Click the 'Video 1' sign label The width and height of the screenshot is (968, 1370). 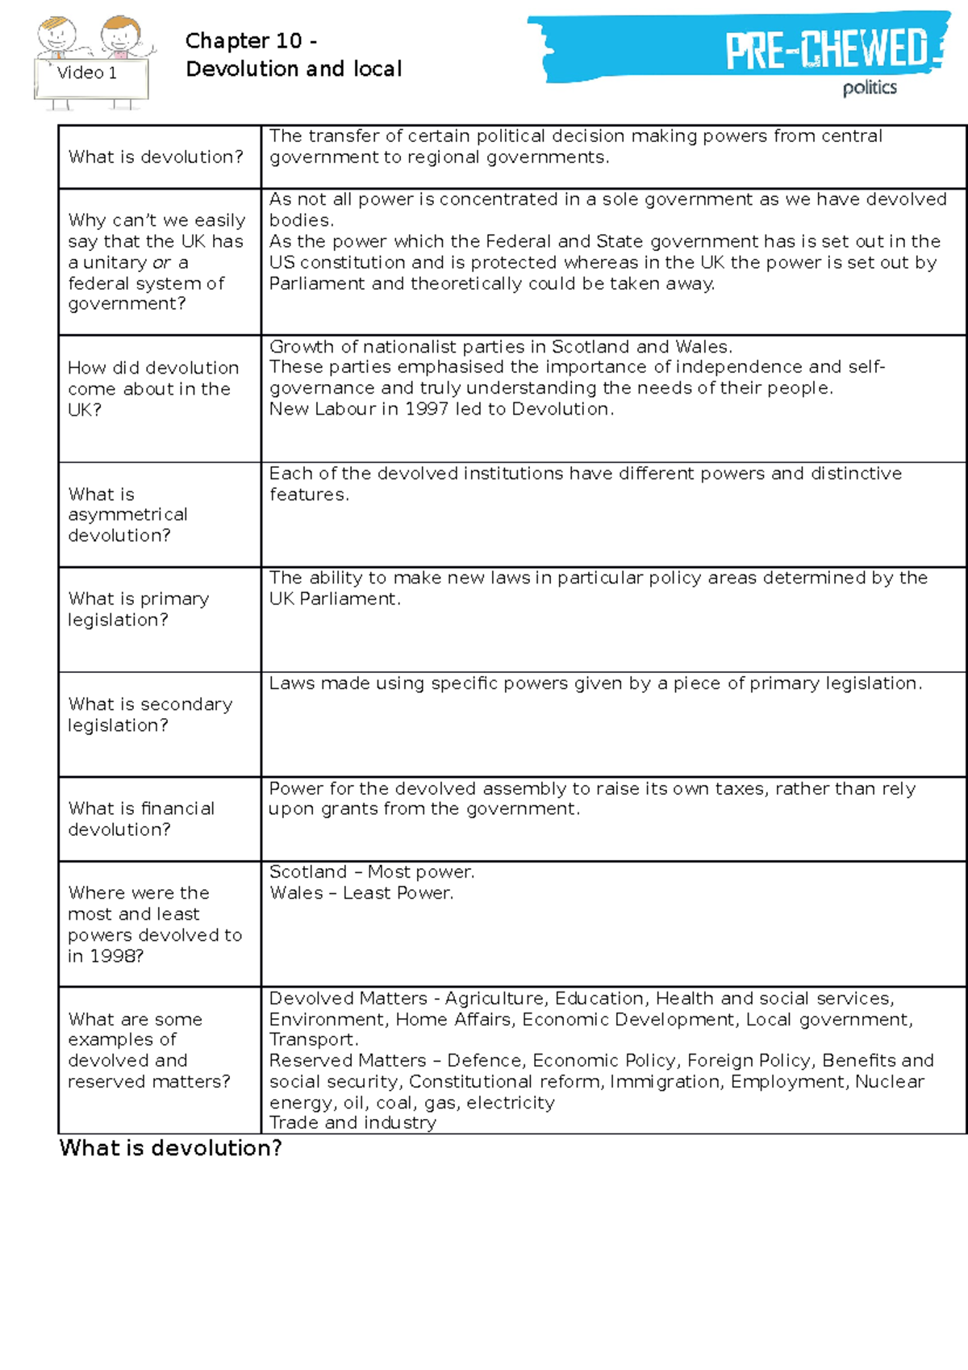[87, 73]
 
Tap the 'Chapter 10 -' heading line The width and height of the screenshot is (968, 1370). [251, 40]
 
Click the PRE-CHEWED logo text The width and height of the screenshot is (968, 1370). [826, 49]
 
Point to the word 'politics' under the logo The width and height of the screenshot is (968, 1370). [870, 88]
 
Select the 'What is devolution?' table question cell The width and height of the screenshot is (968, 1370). [156, 157]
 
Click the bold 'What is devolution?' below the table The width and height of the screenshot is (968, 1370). [170, 1148]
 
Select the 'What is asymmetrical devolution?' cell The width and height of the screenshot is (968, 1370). [127, 515]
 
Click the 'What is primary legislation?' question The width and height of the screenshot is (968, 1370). [138, 609]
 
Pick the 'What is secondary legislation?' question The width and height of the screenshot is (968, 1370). [150, 715]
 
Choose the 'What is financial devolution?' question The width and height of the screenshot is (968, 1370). [141, 819]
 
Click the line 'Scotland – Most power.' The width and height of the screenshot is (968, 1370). [372, 872]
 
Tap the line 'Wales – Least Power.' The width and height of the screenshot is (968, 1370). [361, 893]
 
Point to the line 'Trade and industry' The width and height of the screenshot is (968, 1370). [353, 1123]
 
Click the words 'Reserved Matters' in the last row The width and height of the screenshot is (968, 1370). [348, 1060]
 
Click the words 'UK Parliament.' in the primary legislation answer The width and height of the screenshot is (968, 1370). [335, 599]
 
